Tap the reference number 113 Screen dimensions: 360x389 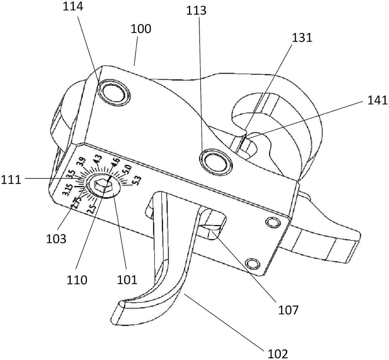click(x=196, y=11)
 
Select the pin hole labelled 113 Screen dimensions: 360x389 click(x=216, y=161)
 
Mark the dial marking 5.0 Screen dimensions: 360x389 click(x=126, y=169)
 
